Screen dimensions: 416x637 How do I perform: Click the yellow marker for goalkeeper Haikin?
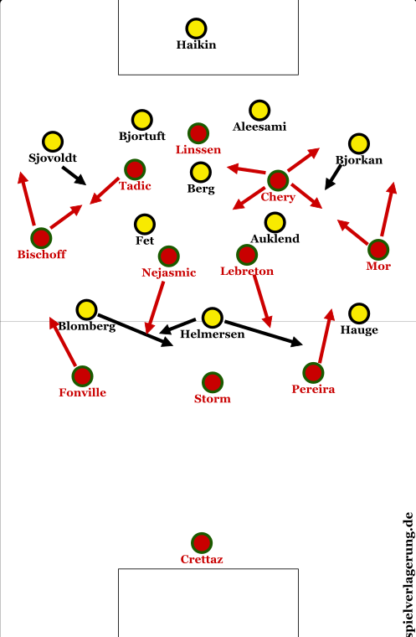pos(196,28)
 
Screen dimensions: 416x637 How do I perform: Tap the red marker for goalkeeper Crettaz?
pos(202,543)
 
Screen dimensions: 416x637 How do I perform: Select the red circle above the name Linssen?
pos(198,133)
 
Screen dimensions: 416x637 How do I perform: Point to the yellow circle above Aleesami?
pos(259,110)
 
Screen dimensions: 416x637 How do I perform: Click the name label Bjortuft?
pos(142,136)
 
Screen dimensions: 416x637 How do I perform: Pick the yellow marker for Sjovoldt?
pos(53,142)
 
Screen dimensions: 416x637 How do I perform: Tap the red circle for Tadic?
pos(135,169)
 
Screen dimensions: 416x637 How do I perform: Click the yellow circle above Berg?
pos(201,172)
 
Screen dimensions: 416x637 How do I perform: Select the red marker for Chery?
pos(278,180)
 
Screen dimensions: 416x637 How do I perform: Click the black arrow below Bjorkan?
pos(334,177)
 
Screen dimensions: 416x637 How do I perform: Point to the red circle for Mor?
pos(378,250)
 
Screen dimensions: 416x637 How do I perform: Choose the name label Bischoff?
pos(41,254)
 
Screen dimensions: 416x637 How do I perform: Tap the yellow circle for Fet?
pos(145,225)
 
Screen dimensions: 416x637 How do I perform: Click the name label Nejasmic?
pos(169,272)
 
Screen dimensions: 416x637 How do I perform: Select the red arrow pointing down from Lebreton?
pos(262,301)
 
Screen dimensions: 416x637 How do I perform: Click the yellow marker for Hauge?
pos(359,313)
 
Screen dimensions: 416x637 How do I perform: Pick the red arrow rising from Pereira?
pos(326,336)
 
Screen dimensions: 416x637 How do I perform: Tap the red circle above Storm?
pos(213,382)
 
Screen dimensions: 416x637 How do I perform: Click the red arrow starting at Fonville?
pos(63,342)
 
